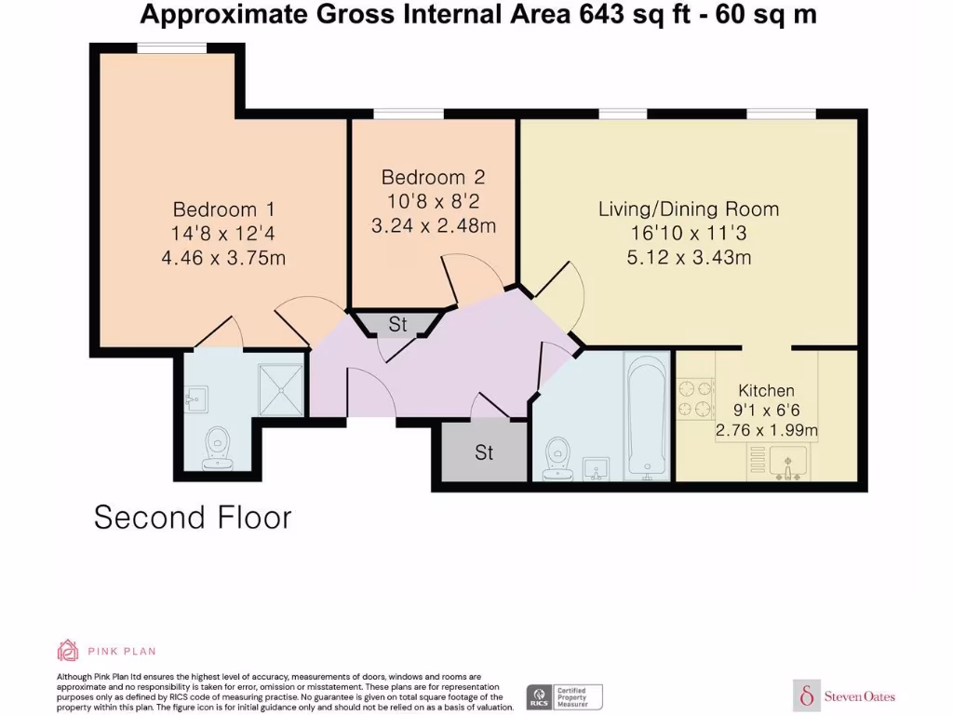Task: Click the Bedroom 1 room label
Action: click(223, 209)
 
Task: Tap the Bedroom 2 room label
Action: click(433, 177)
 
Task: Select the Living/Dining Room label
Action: click(688, 209)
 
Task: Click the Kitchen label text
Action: click(766, 390)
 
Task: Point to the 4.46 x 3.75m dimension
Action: click(223, 257)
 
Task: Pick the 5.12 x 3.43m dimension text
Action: click(688, 257)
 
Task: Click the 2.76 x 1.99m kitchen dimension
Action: click(766, 430)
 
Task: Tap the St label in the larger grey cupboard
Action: click(484, 453)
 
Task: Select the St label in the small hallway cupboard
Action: click(398, 325)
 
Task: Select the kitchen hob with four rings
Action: click(694, 398)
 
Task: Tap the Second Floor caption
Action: click(193, 518)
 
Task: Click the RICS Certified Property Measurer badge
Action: click(565, 696)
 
